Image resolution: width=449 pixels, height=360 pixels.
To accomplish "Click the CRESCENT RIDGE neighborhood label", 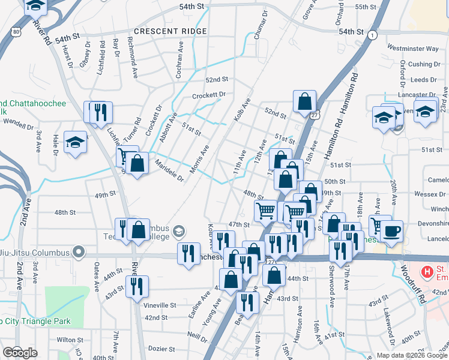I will point(170,31).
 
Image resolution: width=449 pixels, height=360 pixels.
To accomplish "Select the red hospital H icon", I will point(427,272).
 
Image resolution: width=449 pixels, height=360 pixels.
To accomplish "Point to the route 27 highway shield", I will point(315,113).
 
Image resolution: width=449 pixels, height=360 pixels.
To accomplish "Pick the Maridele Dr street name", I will point(169,168).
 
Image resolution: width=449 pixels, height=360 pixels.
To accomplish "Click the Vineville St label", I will point(160,305).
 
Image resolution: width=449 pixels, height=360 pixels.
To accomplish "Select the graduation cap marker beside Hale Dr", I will point(75,142).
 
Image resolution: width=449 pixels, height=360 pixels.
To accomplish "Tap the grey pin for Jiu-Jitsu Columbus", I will point(78,251).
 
